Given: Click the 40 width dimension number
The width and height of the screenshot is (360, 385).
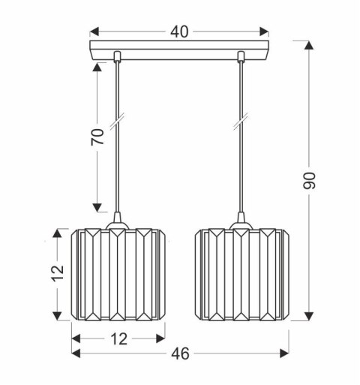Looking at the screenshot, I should [x=179, y=32].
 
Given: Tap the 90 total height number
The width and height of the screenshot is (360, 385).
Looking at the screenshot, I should [x=310, y=180].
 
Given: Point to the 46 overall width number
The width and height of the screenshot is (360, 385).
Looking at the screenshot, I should [x=180, y=353].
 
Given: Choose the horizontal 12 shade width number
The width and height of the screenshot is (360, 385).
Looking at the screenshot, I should [x=117, y=338].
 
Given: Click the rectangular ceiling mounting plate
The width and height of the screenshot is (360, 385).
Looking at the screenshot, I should [x=179, y=51].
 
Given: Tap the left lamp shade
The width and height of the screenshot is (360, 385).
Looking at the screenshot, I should [x=117, y=275].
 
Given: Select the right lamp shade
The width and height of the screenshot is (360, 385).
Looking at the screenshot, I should [x=241, y=275].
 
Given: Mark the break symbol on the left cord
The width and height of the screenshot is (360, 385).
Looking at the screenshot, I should [x=117, y=120].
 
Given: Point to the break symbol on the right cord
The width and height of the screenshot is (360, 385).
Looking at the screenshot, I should [x=241, y=120].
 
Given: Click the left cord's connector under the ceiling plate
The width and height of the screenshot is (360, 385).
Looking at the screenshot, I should [x=117, y=57].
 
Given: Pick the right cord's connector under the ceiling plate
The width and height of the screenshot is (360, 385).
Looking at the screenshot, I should [x=241, y=57].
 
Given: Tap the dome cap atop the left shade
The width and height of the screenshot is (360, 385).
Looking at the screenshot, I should [x=117, y=222].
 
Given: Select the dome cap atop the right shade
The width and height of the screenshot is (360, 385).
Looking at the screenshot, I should [x=241, y=222].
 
